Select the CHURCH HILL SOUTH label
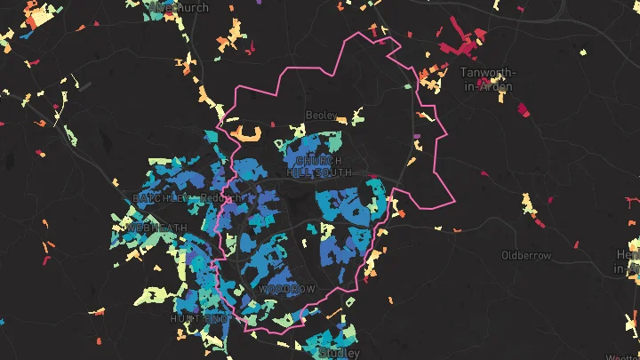(317, 166)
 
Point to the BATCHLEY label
(154, 197)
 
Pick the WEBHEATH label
(158, 228)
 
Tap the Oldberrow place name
(525, 256)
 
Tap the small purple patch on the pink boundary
(417, 136)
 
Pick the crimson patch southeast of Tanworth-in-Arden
(522, 110)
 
